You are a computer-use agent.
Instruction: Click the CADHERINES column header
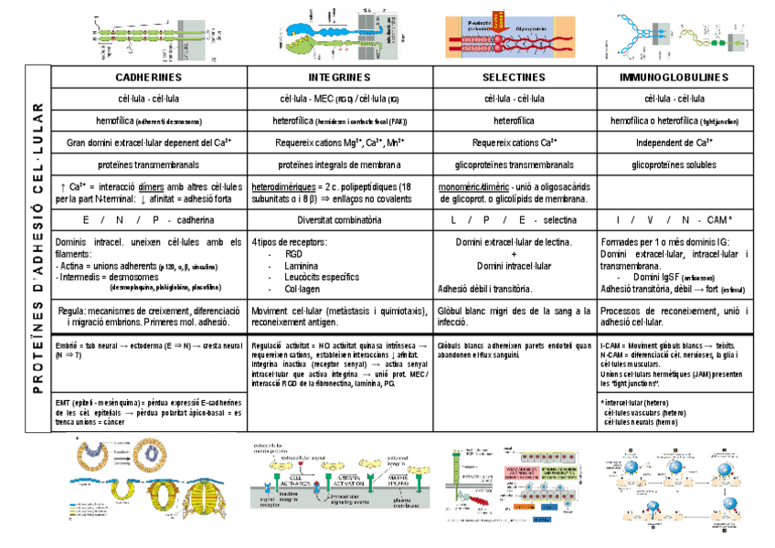click(x=149, y=77)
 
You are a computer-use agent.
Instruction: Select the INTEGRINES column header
click(x=339, y=77)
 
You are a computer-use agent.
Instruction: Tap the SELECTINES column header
click(x=514, y=77)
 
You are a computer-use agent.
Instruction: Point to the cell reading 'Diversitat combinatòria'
click(x=339, y=220)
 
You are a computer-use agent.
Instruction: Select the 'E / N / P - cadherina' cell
click(x=149, y=220)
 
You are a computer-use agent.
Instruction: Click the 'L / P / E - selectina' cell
click(x=514, y=220)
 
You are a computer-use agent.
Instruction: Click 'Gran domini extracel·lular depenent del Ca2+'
click(x=149, y=142)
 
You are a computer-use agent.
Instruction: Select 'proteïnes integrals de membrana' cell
click(x=339, y=165)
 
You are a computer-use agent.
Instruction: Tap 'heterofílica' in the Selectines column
click(x=514, y=120)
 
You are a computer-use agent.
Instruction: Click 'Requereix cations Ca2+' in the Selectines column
click(x=514, y=142)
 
